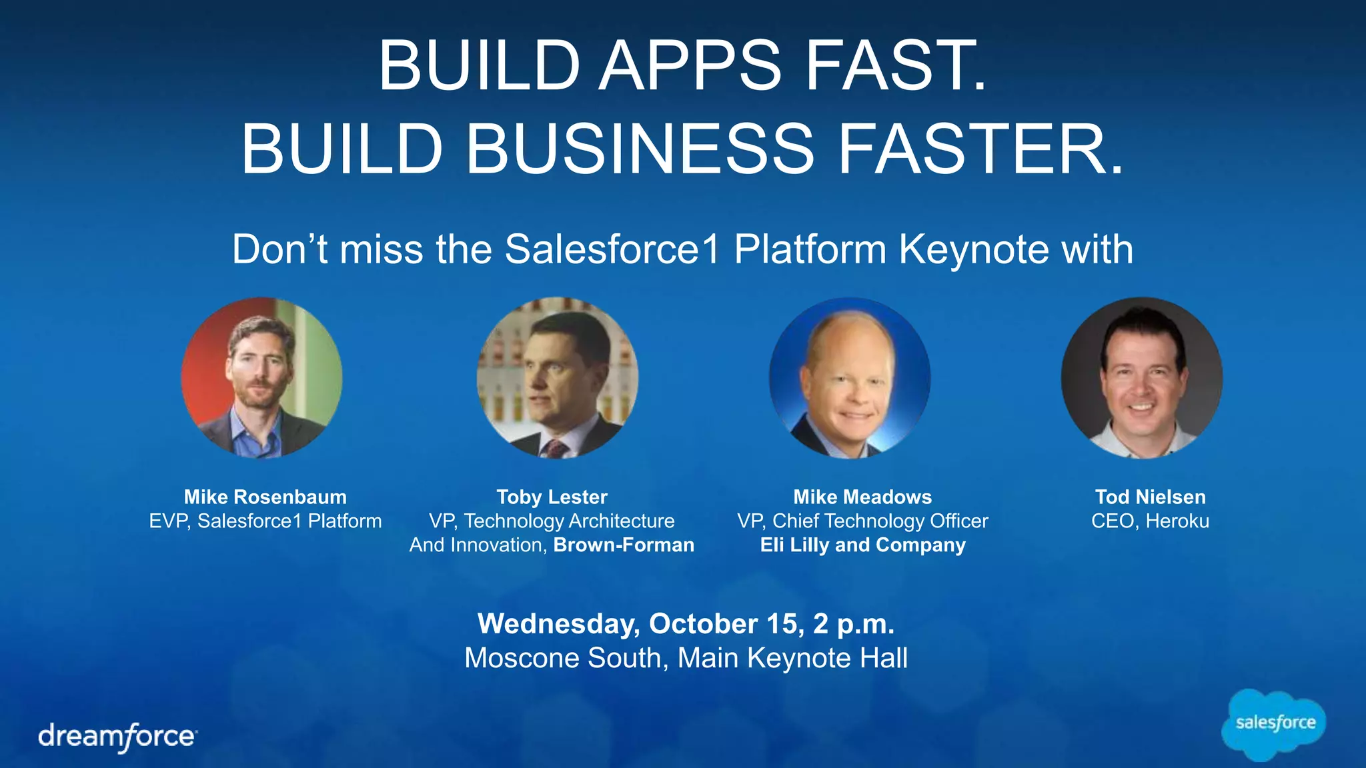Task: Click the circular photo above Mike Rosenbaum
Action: coord(261,377)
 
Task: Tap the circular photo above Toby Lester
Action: coord(557,377)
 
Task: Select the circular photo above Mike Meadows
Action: coord(849,377)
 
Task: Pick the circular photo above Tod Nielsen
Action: coord(1141,377)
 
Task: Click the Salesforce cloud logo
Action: coord(1274,725)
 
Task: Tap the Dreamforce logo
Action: coord(117,737)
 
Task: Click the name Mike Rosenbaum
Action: coord(265,497)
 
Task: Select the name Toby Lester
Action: coord(552,497)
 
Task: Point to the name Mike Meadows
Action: coord(862,497)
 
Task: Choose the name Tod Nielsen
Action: coord(1150,497)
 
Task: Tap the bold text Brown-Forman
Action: coord(624,545)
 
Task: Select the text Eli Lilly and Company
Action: coord(862,545)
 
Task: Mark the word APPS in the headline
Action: coord(690,65)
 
